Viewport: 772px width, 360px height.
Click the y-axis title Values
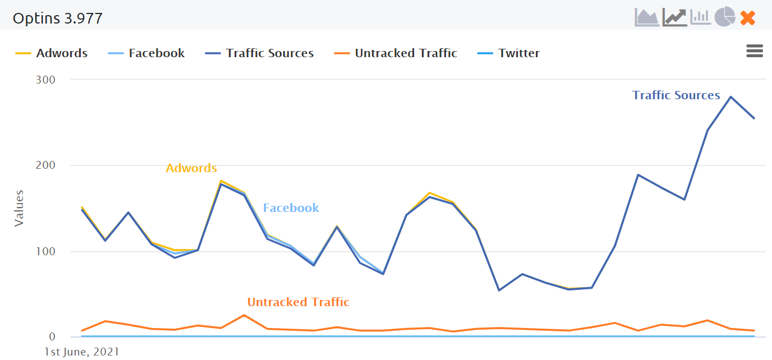pos(19,208)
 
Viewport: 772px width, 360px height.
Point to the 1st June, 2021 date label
pos(82,352)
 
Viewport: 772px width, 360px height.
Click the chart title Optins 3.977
pos(58,19)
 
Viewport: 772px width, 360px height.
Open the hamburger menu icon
pos(755,51)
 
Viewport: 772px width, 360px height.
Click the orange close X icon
pos(748,18)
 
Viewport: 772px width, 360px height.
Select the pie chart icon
pos(725,17)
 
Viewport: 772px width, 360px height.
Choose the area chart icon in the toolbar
pos(647,17)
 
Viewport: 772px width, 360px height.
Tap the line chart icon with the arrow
pos(674,17)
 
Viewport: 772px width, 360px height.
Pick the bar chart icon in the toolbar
pos(700,17)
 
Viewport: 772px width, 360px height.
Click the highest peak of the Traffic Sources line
pos(730,97)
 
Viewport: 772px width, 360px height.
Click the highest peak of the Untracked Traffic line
pos(244,315)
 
